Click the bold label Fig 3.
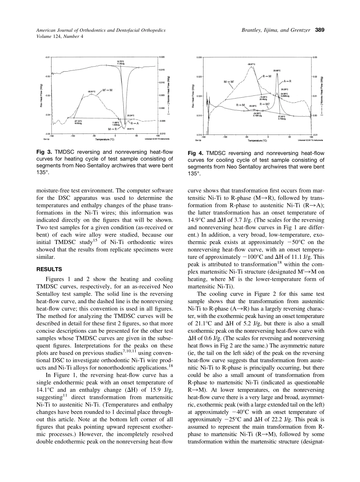pos(44,152)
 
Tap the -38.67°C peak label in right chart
pos(251,64)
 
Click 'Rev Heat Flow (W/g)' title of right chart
pos(193,96)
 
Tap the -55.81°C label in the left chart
pos(91,92)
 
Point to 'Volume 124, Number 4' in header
pos(59,36)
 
